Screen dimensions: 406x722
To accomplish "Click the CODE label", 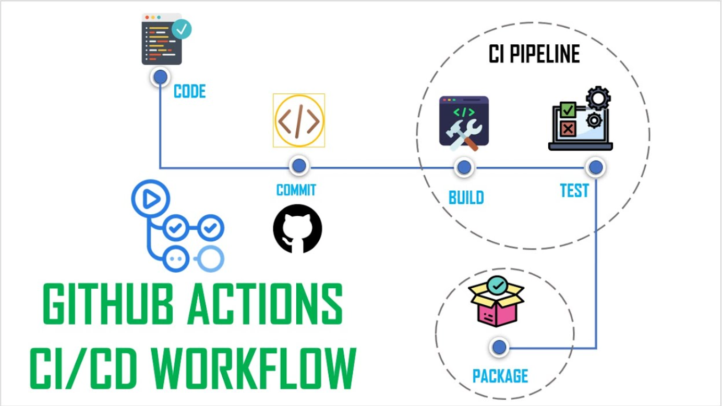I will [189, 92].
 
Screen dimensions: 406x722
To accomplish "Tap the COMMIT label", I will [296, 190].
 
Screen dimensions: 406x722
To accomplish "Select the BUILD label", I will [466, 198].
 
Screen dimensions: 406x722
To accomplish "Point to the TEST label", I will [574, 191].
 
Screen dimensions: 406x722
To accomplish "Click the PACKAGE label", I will [500, 376].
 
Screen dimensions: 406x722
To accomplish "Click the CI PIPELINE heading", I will [534, 54].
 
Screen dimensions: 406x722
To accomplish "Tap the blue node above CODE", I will [161, 77].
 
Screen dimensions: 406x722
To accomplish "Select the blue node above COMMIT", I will [299, 166].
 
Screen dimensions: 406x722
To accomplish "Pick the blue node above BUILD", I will [464, 167].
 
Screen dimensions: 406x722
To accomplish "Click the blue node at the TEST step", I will [595, 167].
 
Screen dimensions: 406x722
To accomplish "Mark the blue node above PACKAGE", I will [499, 347].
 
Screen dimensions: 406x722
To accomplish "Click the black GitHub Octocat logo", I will [297, 229].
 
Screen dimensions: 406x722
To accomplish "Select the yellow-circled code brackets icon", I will [298, 121].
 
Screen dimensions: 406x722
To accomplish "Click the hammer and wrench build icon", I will [463, 124].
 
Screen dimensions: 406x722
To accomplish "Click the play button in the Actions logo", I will [150, 199].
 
